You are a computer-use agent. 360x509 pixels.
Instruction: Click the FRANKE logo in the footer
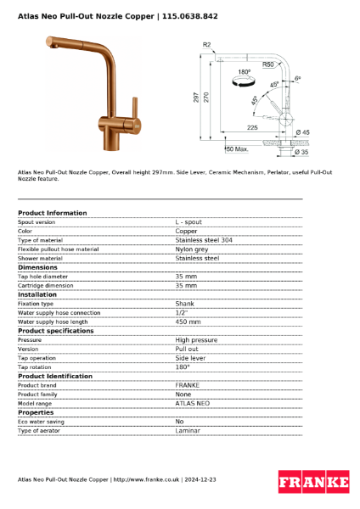pyautogui.click(x=313, y=482)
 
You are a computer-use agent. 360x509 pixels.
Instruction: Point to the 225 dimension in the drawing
pyautogui.click(x=252, y=126)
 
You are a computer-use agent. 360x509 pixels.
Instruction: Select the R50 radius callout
pyautogui.click(x=267, y=64)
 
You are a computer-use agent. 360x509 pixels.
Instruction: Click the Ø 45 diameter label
pyautogui.click(x=301, y=132)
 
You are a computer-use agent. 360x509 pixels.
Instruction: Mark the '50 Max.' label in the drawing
pyautogui.click(x=237, y=149)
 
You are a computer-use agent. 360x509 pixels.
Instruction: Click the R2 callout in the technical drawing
pyautogui.click(x=206, y=45)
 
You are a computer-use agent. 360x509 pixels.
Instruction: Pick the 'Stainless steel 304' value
pyautogui.click(x=204, y=240)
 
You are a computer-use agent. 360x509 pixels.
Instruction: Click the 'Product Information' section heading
pyautogui.click(x=52, y=213)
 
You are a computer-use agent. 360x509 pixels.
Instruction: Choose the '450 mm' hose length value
pyautogui.click(x=188, y=322)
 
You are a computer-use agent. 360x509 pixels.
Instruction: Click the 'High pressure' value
pyautogui.click(x=196, y=339)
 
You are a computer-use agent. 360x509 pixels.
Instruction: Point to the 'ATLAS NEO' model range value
pyautogui.click(x=192, y=403)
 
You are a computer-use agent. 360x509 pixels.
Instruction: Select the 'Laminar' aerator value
pyautogui.click(x=188, y=431)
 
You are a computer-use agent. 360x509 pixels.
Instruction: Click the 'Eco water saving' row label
pyautogui.click(x=41, y=422)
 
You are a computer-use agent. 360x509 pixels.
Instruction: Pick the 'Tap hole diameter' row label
pyautogui.click(x=43, y=277)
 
